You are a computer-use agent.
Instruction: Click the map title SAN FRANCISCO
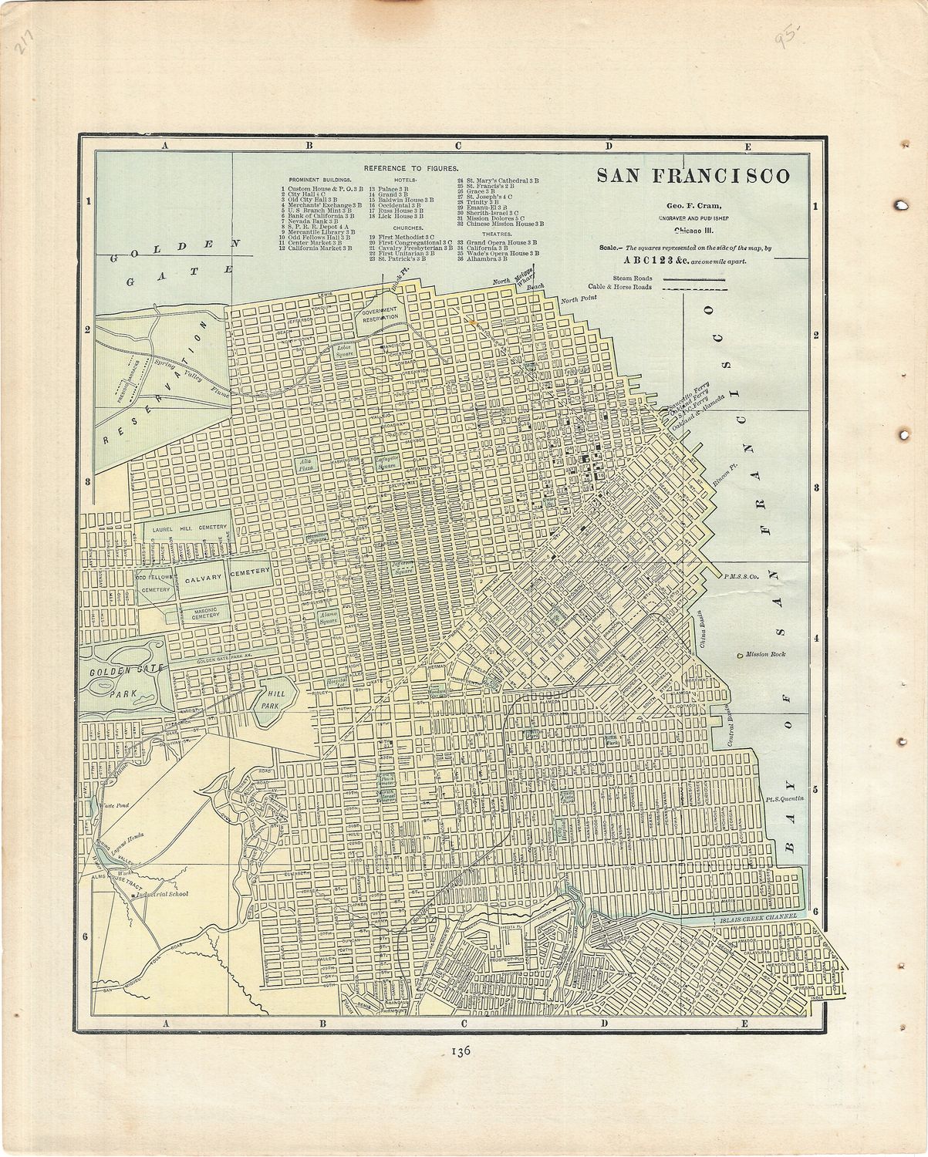(693, 176)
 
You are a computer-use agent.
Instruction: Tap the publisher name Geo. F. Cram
(688, 206)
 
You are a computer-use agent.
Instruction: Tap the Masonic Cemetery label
(199, 613)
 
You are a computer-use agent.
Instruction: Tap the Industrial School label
(161, 896)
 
